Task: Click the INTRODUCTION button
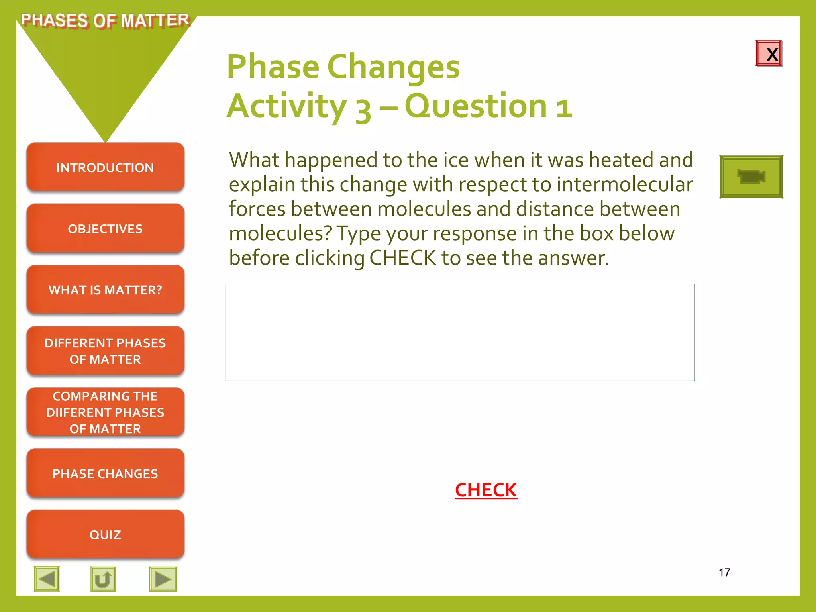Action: pos(105,168)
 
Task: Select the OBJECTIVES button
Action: pos(105,229)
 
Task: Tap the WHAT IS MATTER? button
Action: pos(105,290)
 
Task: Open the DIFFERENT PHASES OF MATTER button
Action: pos(105,351)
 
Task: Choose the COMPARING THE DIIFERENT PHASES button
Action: pos(105,412)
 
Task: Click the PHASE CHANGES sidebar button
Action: pos(105,473)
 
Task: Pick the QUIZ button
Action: pos(105,535)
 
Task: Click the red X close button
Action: pos(769,54)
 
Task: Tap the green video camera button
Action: pos(751,177)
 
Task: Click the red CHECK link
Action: pos(486,490)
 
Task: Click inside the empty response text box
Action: pos(459,332)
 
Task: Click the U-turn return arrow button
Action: pos(103,579)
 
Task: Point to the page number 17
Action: pos(724,573)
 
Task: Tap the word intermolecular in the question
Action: pos(624,184)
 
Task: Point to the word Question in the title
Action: pos(476,106)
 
